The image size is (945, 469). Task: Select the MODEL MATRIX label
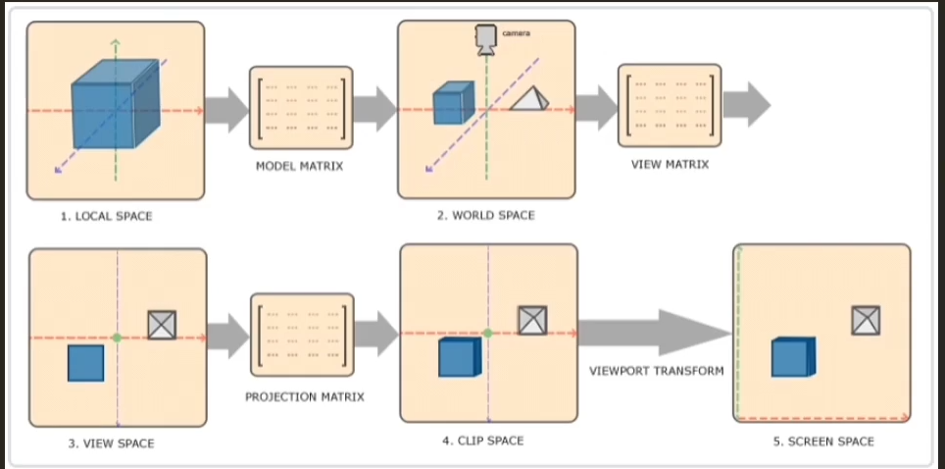[299, 167]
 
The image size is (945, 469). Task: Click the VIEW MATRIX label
[670, 165]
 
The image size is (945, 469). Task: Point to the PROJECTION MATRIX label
[304, 397]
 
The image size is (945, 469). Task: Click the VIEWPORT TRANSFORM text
[656, 371]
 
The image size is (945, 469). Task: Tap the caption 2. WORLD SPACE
[486, 215]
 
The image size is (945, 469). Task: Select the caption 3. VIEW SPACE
[111, 443]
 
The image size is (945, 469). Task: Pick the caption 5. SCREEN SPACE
[822, 442]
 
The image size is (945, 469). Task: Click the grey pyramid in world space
[528, 98]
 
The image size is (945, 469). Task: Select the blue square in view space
[85, 363]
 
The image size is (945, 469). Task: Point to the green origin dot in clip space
[487, 334]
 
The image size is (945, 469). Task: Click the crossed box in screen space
[866, 320]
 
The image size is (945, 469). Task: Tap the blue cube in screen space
[793, 357]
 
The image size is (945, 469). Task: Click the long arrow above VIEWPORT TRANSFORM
[653, 333]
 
